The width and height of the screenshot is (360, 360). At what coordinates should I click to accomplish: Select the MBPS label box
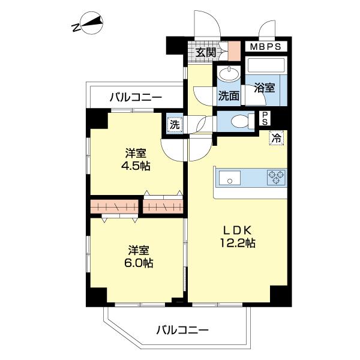point(265,46)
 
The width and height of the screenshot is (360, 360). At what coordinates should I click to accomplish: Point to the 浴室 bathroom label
point(265,88)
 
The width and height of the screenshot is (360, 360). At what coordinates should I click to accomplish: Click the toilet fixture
point(241,121)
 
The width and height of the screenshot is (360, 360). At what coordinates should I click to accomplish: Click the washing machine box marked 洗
point(174,125)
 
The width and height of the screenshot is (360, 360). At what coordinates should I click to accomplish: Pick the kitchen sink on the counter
point(230,178)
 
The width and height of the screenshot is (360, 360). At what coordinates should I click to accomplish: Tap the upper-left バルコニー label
point(136,96)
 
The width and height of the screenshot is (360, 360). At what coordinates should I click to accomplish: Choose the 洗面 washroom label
point(229,95)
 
